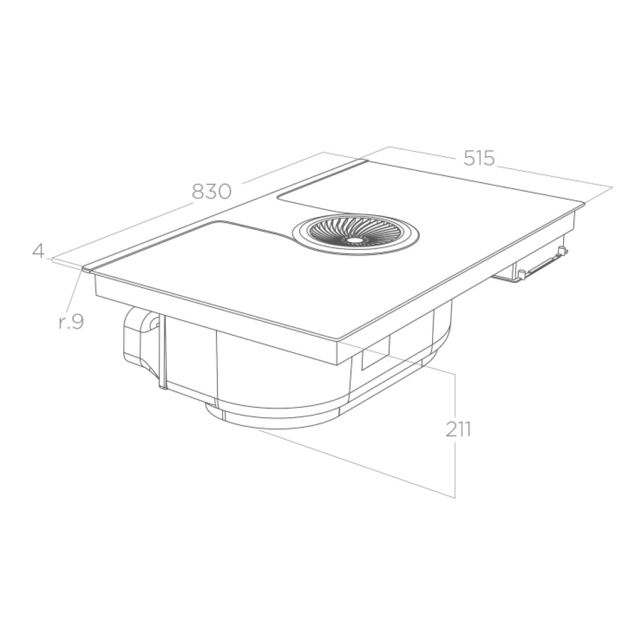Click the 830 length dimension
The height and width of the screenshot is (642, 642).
pyautogui.click(x=212, y=191)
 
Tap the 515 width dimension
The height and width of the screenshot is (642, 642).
pyautogui.click(x=479, y=158)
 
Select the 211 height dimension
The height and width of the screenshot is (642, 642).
pyautogui.click(x=458, y=429)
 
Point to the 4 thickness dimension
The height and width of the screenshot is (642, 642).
pyautogui.click(x=38, y=251)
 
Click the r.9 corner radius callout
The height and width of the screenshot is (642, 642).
pyautogui.click(x=71, y=322)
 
